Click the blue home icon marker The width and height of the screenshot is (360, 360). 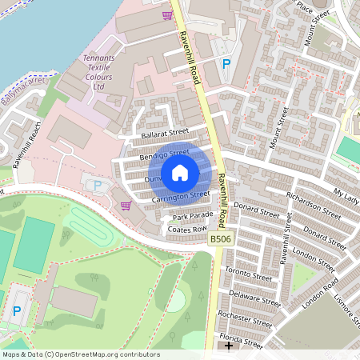click(180, 172)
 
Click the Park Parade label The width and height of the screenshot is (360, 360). click(190, 216)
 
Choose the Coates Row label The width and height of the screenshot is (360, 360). click(188, 230)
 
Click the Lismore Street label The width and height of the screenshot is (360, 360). click(350, 309)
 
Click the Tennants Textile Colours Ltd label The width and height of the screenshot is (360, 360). click(99, 72)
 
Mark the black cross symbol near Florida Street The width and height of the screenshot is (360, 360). click(229, 346)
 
